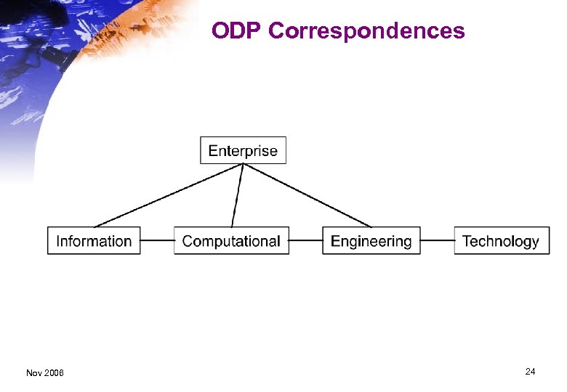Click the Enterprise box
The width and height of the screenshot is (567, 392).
coord(243,150)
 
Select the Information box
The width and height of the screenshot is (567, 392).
coord(94,240)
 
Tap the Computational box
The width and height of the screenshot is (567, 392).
coord(231,240)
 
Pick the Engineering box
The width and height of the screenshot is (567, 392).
coord(371,240)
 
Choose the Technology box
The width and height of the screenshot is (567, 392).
coord(501,240)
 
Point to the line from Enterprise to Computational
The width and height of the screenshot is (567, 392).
coord(237,195)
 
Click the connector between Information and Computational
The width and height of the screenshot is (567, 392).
coord(157,240)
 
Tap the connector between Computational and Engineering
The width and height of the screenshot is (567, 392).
coord(305,240)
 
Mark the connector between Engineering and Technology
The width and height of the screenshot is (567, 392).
coord(437,240)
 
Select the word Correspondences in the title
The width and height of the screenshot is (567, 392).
coord(367,31)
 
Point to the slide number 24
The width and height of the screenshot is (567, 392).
coord(530,372)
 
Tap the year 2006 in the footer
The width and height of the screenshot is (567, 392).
coord(55,373)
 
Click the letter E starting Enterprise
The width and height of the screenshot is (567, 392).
coord(213,151)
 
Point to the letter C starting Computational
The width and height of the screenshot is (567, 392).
coord(188,241)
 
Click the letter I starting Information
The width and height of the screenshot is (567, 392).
coord(58,241)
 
